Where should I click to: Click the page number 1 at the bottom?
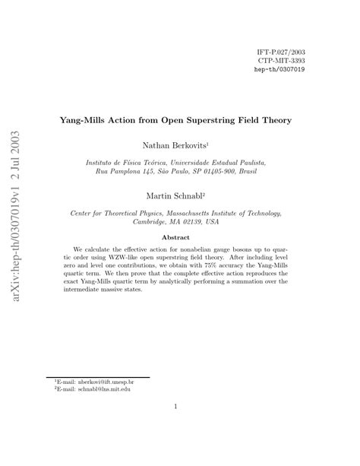tap(175, 407)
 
